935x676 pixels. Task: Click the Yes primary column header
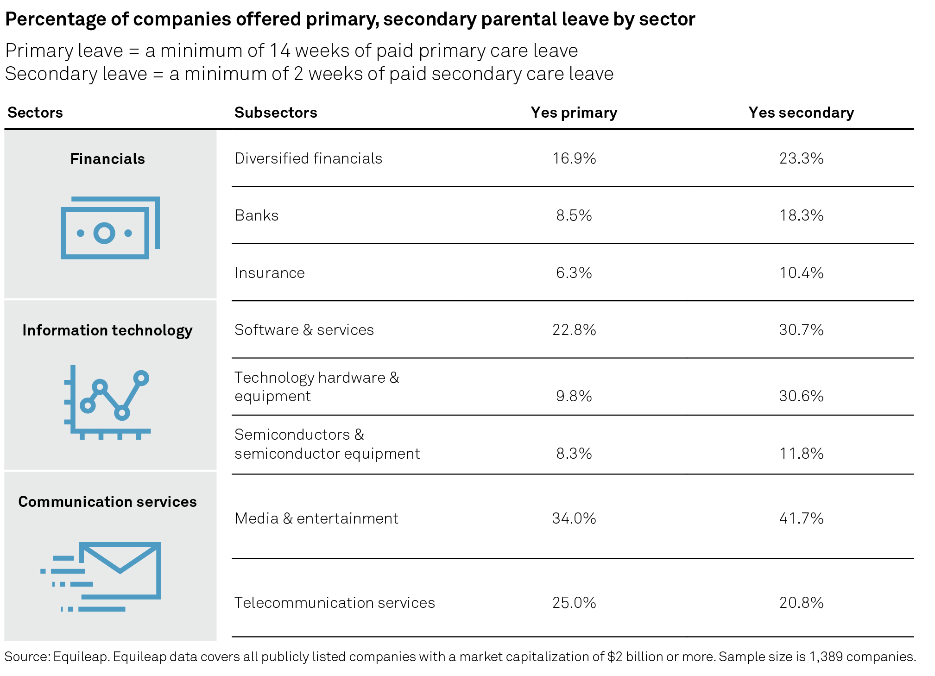coord(574,113)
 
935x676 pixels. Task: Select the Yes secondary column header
coord(801,113)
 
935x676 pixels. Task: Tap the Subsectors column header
coord(276,113)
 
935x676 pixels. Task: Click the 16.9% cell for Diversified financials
coord(574,158)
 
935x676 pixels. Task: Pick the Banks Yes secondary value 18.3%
coord(801,215)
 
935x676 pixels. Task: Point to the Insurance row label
coord(270,273)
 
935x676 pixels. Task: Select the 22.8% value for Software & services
coord(574,330)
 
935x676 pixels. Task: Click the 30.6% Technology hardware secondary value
coord(801,396)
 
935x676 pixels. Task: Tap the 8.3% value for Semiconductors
coord(574,453)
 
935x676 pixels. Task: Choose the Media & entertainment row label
coord(316,518)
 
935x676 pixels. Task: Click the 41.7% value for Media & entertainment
coord(801,518)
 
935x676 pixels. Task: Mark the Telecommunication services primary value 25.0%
coord(574,603)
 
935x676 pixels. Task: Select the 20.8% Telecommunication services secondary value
coord(801,603)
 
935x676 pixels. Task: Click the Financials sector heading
coord(107,159)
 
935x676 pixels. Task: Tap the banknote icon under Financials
coord(110,228)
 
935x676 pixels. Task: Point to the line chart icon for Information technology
coord(107,402)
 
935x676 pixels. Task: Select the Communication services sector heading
coord(107,502)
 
